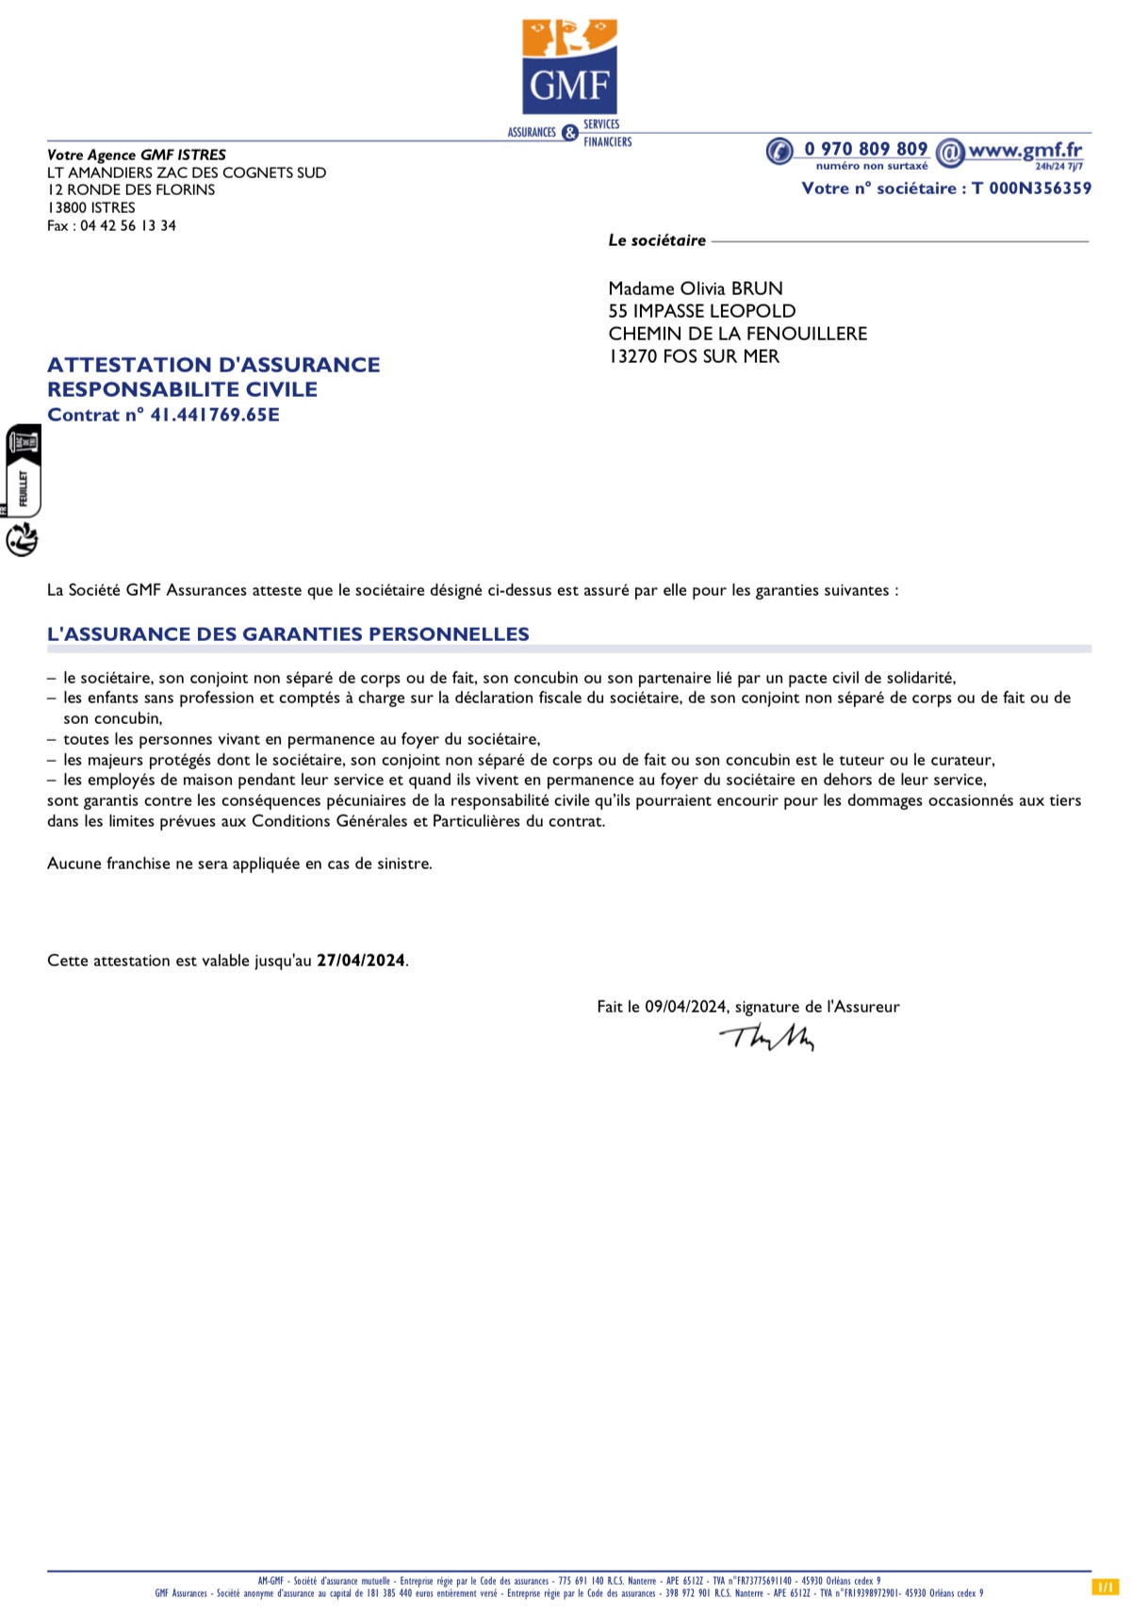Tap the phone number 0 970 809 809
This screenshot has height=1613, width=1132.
coord(865,149)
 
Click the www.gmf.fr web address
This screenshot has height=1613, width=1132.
coord(1025,149)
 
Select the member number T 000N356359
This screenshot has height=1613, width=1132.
coord(1031,189)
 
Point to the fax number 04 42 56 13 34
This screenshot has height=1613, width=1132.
coord(128,226)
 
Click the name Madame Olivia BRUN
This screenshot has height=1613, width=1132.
coord(696,288)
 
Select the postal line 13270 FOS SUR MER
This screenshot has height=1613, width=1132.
coord(694,356)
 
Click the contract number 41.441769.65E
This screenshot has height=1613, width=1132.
coord(215,415)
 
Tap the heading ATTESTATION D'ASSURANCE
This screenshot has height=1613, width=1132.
coord(214,365)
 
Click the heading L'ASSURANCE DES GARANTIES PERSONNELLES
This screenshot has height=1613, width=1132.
coord(288,634)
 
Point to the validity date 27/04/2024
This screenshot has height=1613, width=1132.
coord(361,961)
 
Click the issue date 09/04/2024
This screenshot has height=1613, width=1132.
coord(685,1007)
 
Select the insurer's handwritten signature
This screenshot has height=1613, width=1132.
coord(767,1037)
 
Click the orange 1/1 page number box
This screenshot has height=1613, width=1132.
coord(1105,1588)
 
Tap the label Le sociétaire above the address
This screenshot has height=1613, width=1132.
coord(657,240)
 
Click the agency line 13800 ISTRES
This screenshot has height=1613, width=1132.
coord(91,207)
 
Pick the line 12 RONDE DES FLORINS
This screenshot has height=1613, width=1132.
coord(131,189)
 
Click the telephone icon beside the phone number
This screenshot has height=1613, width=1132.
coord(779,151)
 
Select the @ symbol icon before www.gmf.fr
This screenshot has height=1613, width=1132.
coord(950,151)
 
